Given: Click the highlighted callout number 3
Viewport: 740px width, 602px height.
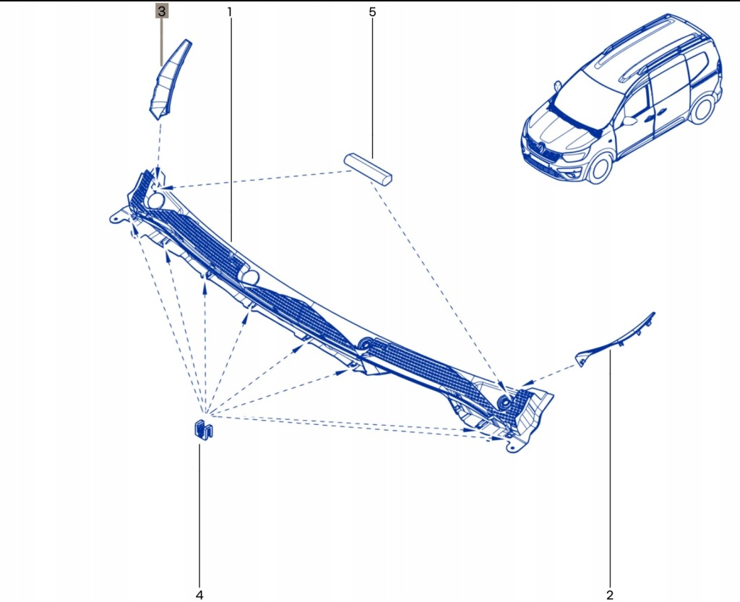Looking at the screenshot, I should [x=162, y=12].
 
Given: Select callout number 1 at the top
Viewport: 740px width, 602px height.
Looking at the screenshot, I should [x=229, y=12].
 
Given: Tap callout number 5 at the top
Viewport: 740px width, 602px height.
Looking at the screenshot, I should [x=372, y=12].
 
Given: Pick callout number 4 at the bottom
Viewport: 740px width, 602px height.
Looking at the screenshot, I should [x=199, y=594].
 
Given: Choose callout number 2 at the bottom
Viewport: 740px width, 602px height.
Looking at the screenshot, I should [x=609, y=594].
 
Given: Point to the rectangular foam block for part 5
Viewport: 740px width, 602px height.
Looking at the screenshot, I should [x=368, y=168].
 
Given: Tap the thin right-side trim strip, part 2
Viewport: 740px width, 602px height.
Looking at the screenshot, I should [x=618, y=340].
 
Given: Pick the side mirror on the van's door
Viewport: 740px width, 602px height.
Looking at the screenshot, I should [x=628, y=121].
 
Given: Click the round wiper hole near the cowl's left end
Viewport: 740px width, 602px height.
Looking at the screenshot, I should [x=155, y=200].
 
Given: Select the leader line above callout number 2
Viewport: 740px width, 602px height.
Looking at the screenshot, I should [x=609, y=470].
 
